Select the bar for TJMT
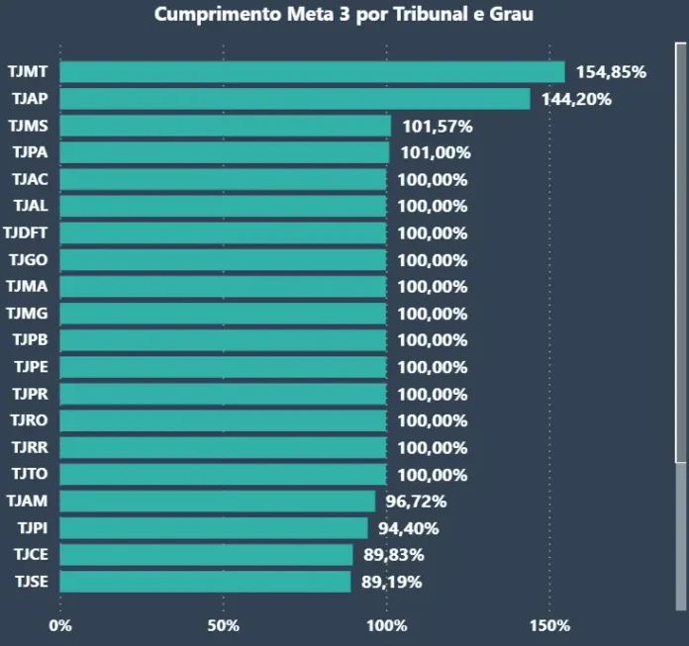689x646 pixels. [312, 72]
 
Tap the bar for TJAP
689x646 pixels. [295, 99]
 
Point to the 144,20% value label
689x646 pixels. [575, 99]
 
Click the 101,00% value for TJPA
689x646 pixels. [435, 152]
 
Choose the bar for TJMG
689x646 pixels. [223, 314]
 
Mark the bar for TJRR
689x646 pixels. [223, 447]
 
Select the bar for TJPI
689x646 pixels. [214, 527]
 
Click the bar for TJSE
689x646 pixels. [206, 581]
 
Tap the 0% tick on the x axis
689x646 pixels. [60, 625]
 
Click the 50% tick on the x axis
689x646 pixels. [224, 625]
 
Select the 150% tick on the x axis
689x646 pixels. [549, 625]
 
